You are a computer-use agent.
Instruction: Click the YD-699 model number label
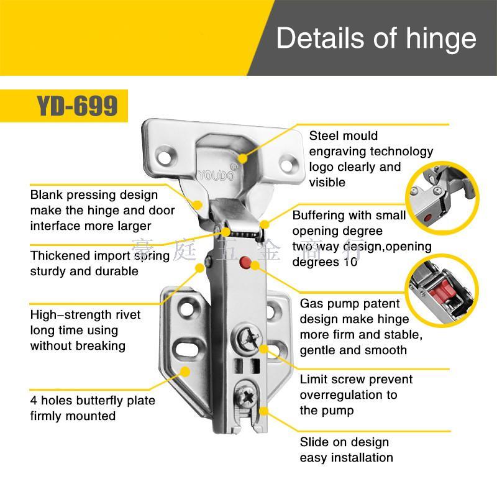77,106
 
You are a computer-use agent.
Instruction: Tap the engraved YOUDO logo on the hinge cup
216,175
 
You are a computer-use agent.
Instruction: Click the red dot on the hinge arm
245,263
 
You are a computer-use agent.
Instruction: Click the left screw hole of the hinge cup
165,157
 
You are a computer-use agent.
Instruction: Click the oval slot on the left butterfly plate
187,349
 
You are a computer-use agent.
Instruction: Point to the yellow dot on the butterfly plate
185,372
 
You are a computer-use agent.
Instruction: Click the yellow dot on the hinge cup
242,158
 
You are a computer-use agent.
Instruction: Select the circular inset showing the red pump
442,289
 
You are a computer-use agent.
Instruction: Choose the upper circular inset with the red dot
442,199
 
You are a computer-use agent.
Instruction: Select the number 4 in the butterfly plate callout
34,400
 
